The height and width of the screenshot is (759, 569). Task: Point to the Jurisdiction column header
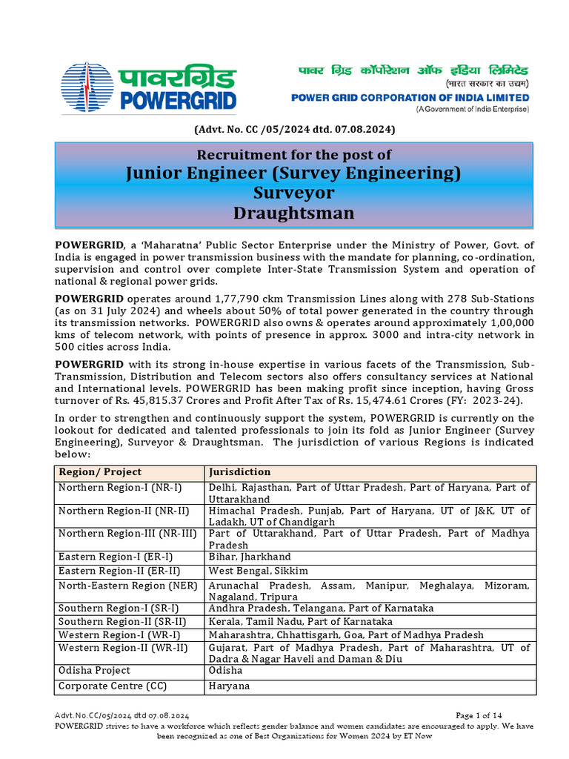pos(240,472)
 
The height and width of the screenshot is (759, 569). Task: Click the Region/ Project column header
pos(100,472)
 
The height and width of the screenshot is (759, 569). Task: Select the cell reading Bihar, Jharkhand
pos(250,557)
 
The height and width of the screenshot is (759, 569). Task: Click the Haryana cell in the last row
pos(230,686)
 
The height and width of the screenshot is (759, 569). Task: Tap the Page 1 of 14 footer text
pos(479,715)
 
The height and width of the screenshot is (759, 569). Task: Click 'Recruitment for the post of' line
pos(294,155)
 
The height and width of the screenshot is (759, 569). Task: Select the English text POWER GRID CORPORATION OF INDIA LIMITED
pos(410,98)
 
